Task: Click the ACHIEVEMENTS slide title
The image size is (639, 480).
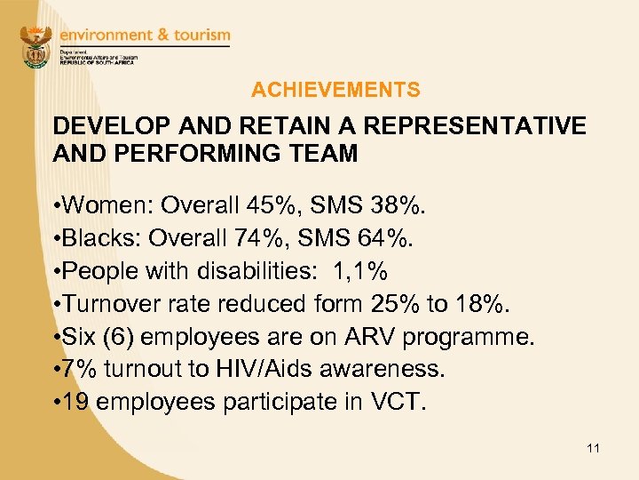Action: click(335, 90)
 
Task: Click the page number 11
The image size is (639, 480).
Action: click(593, 449)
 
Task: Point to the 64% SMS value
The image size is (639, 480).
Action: click(391, 239)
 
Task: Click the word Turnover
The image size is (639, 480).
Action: click(111, 304)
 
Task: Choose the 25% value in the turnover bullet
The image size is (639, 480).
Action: click(391, 304)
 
